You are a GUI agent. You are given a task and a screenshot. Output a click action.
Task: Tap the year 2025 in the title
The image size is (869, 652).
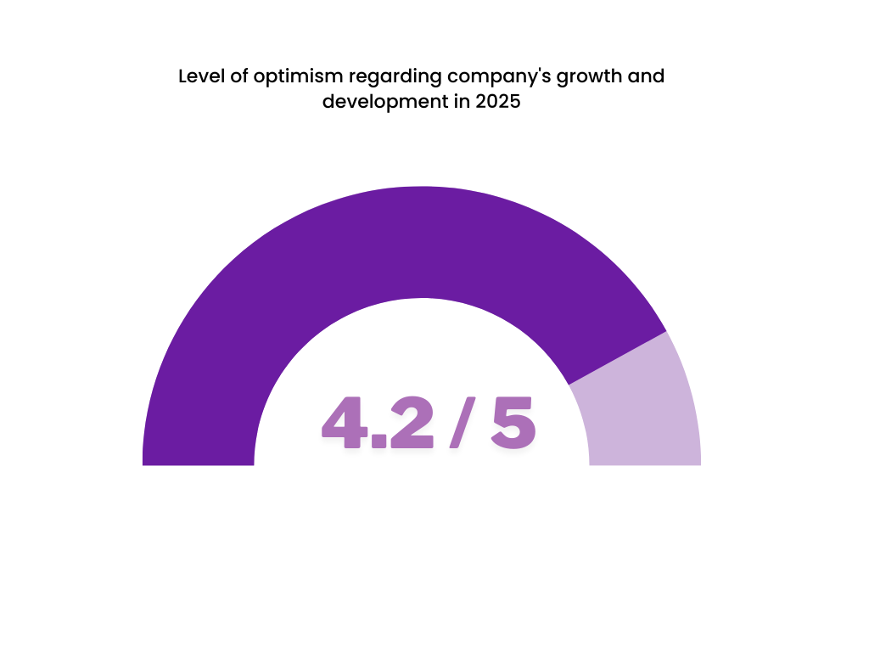coord(496,103)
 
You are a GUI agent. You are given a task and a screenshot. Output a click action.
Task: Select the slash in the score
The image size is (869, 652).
coord(463,422)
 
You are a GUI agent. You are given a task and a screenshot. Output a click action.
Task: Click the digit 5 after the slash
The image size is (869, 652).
coord(513,422)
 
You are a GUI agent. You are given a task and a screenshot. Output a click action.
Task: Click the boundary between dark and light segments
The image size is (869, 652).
coord(618,357)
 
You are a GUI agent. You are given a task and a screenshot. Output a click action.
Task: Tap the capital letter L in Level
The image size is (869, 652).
coord(183,76)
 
